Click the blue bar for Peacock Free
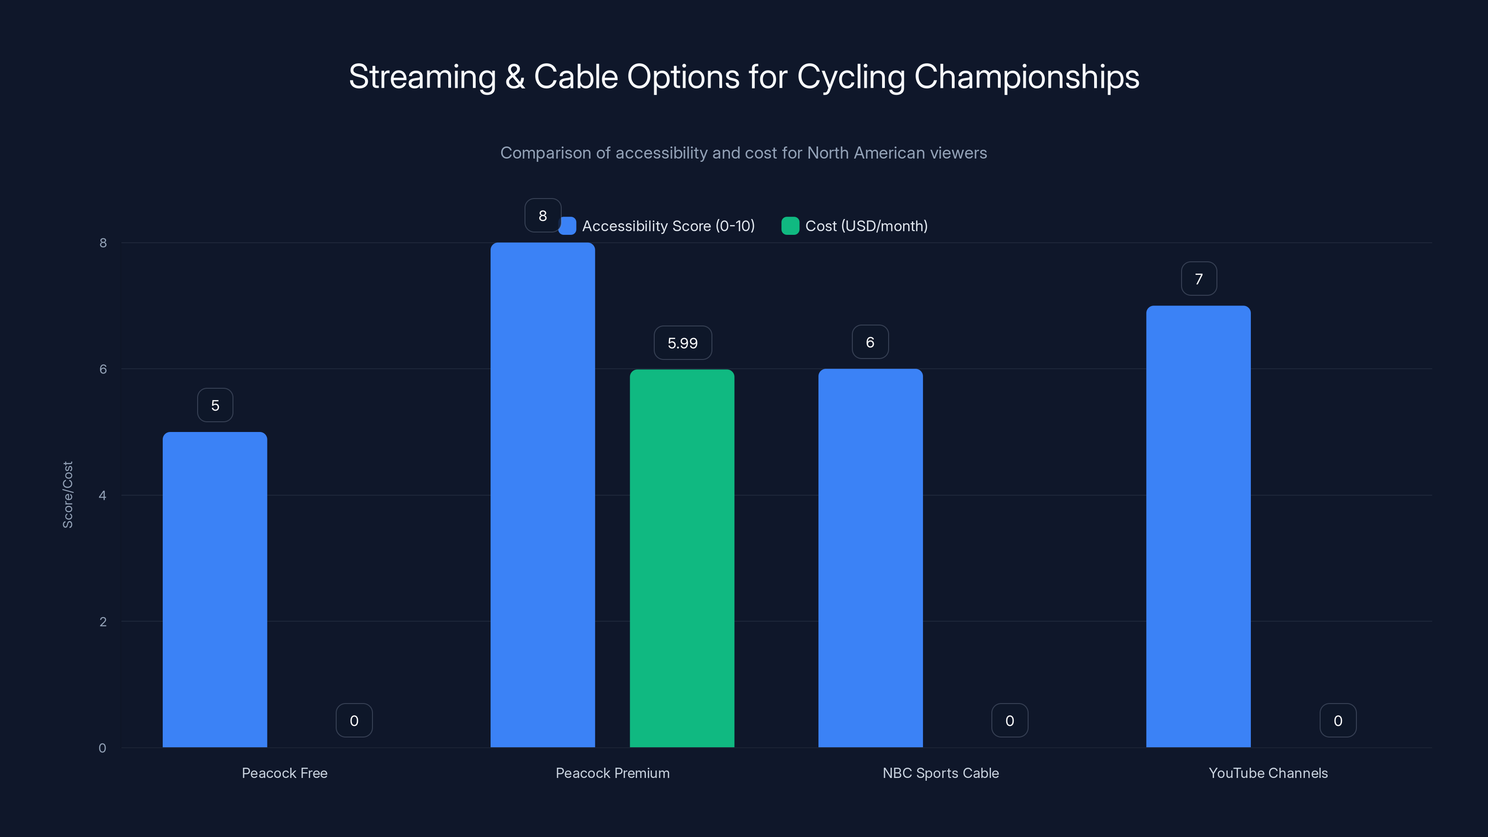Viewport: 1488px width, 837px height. click(x=214, y=589)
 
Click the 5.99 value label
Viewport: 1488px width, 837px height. click(x=682, y=343)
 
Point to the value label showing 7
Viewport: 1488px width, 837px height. click(x=1199, y=279)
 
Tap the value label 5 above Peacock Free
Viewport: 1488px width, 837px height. click(x=215, y=405)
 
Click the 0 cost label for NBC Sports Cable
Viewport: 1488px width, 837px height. click(x=1009, y=720)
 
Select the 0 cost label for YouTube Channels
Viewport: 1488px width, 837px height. click(x=1337, y=720)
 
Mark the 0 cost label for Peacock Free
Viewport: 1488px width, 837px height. click(x=353, y=720)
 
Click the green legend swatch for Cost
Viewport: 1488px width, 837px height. click(x=790, y=226)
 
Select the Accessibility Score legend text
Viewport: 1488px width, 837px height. click(x=668, y=226)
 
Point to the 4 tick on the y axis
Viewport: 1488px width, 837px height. click(x=103, y=495)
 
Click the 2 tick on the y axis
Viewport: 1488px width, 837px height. click(x=103, y=622)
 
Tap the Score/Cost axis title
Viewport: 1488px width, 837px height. click(x=67, y=494)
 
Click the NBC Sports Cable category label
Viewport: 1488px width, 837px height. click(x=940, y=773)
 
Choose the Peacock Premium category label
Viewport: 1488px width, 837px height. click(x=612, y=773)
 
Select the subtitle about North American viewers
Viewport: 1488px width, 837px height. click(x=744, y=153)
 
